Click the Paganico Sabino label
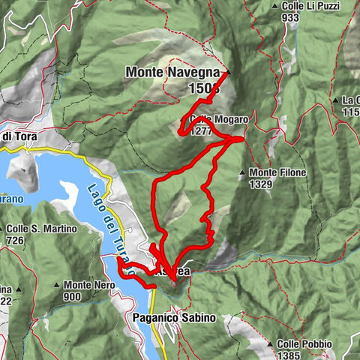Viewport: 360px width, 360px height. tap(174, 318)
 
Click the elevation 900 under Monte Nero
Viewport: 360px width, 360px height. tap(72, 296)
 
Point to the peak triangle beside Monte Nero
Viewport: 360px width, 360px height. tap(56, 286)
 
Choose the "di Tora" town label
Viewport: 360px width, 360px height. tap(16, 136)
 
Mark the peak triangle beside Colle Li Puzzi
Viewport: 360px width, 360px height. tap(275, 7)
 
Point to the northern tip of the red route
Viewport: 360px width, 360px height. tap(227, 73)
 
